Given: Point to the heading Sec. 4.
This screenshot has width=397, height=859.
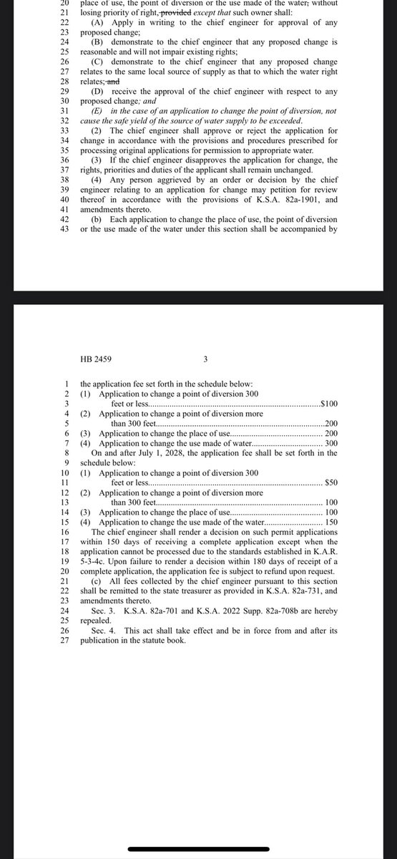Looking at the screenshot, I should [x=104, y=630].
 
